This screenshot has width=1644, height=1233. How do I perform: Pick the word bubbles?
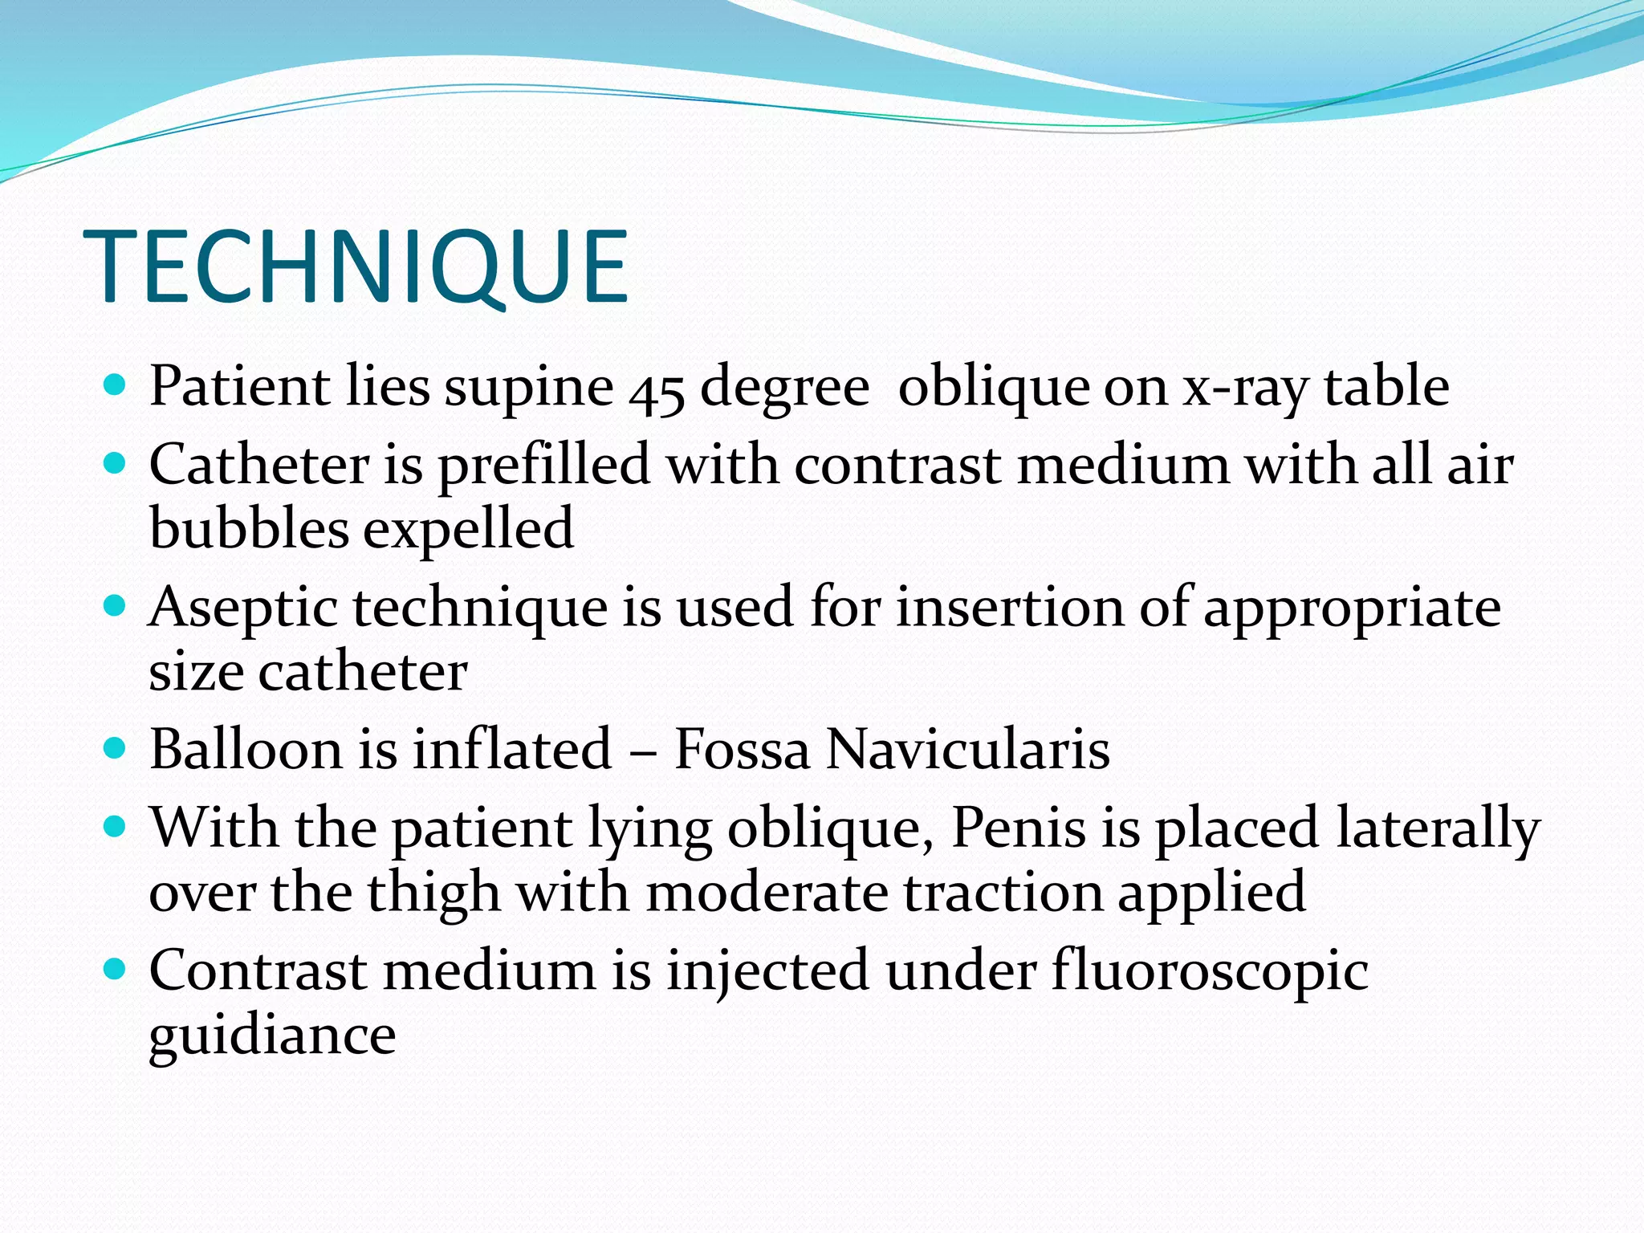coord(249,528)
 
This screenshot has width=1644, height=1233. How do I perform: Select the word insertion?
coord(1011,607)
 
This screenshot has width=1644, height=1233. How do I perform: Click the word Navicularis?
coord(968,749)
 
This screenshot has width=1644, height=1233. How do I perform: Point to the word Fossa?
coord(742,749)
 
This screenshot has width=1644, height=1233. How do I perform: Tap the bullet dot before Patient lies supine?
coord(116,386)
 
